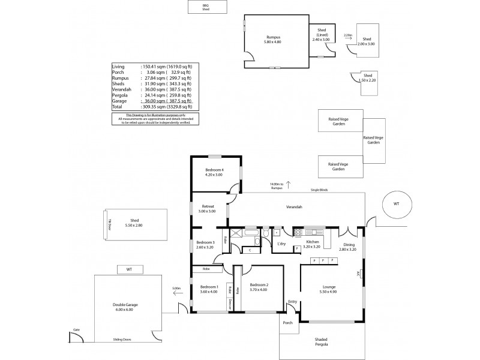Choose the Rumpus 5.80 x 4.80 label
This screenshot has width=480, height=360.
tap(273, 40)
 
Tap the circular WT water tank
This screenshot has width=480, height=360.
tap(395, 204)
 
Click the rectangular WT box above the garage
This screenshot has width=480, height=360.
tap(128, 270)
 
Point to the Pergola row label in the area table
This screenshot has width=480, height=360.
tap(120, 95)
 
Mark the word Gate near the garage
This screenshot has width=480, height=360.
tap(76, 329)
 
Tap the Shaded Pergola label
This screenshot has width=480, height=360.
tap(322, 343)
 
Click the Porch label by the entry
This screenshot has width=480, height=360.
tap(288, 322)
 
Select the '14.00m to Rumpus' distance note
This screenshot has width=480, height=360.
tap(276, 186)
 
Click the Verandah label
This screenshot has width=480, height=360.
tap(293, 207)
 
